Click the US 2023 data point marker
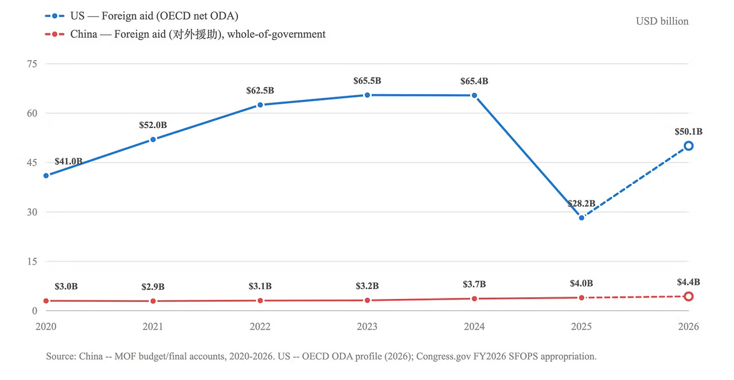368,95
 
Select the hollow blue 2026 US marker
689,146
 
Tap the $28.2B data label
581,203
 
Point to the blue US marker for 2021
153,139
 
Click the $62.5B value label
260,90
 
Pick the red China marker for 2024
474,298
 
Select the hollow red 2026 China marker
689,297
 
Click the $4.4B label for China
689,282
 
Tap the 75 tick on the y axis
32,64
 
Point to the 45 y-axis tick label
32,162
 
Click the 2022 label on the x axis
260,327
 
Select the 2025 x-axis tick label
581,327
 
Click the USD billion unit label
662,21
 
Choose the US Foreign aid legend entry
142,15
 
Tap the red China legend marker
54,34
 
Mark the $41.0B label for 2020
68,161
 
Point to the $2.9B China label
153,287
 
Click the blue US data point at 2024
474,95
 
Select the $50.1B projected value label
689,131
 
